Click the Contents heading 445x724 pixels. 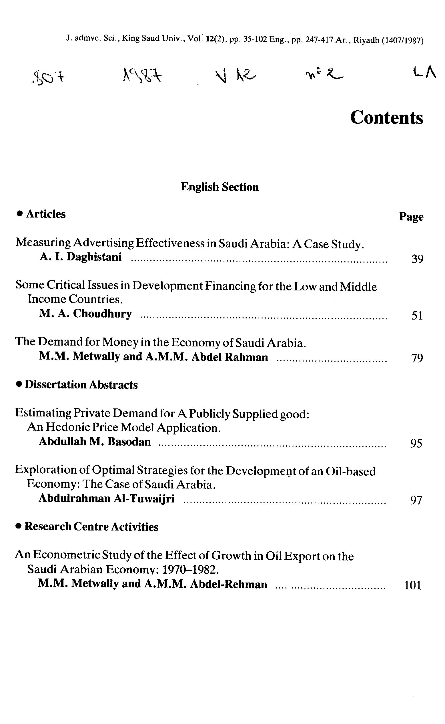coord(386,118)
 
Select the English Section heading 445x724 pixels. coord(220,187)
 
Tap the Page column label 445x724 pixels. coord(411,217)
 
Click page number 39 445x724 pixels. coord(417,259)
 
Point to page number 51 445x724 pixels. coord(417,316)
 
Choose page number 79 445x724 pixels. coord(417,358)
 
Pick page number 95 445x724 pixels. coord(416,443)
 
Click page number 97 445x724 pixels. coord(416,500)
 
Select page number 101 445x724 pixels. coord(413,585)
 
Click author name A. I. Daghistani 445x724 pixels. coord(81,257)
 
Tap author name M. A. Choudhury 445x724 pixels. coord(85,314)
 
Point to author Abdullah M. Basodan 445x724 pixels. coord(95,442)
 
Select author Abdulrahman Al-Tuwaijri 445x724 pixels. coord(107,498)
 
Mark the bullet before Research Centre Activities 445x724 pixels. coord(19,526)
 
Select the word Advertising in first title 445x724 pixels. coord(103,243)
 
